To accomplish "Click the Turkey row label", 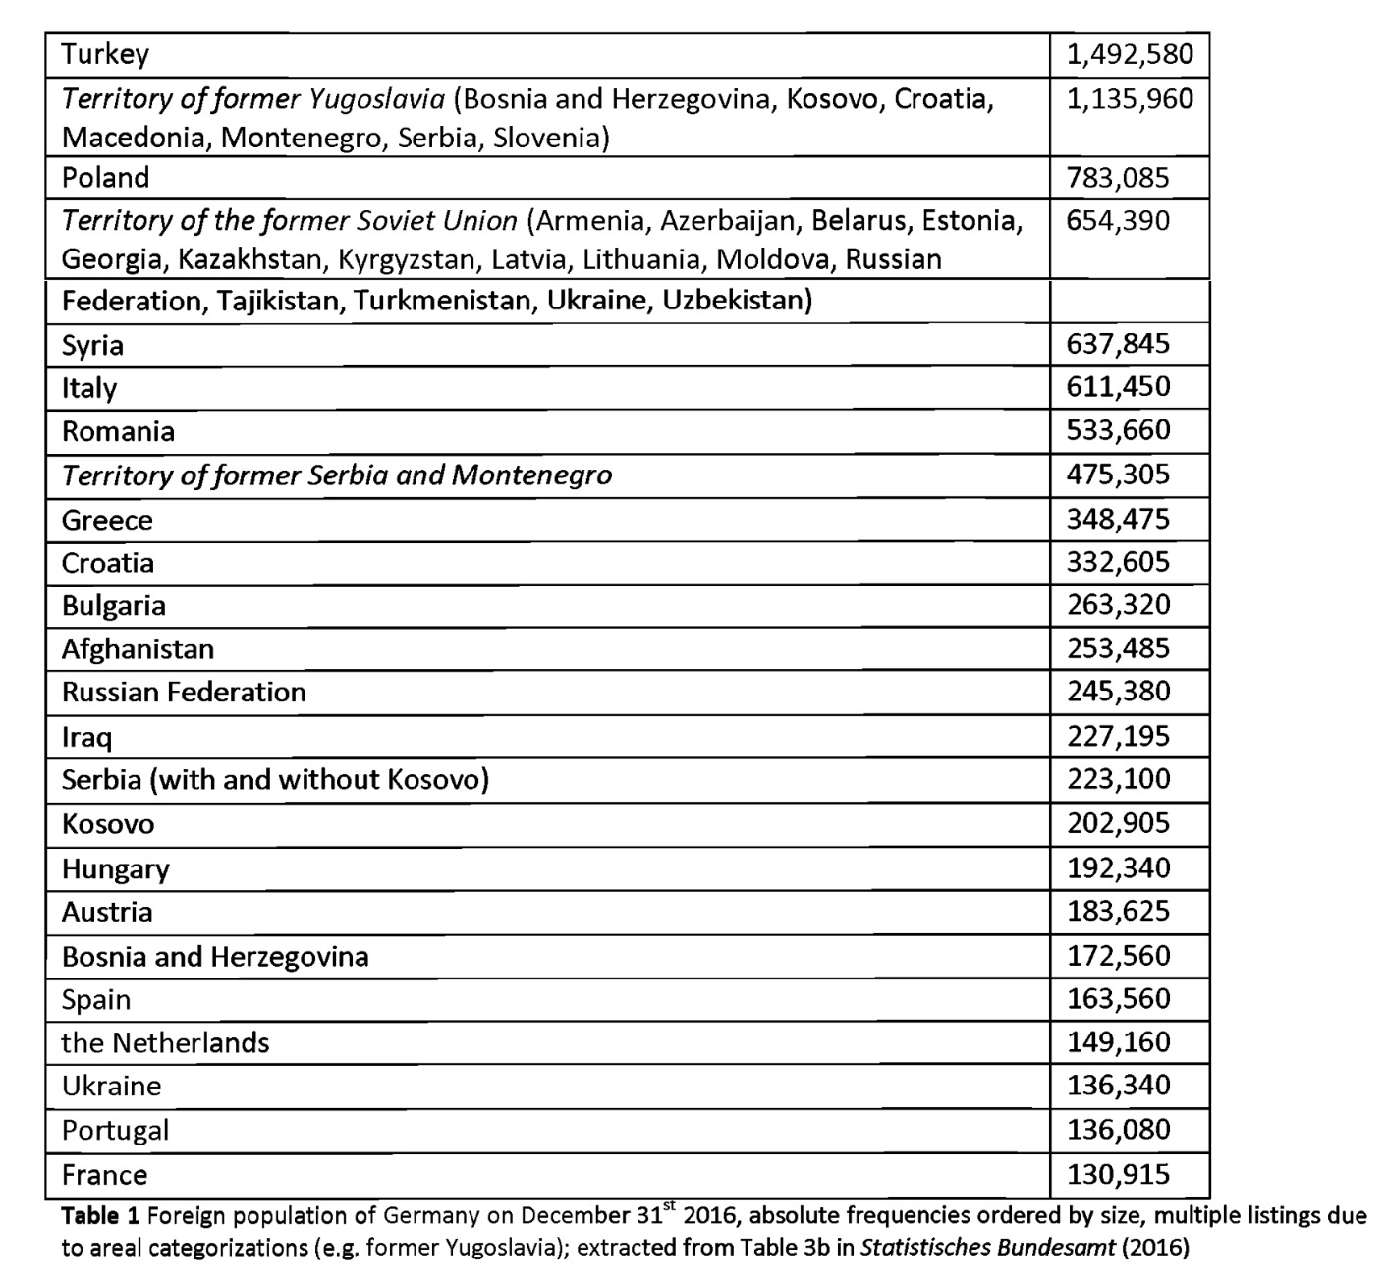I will (x=105, y=54).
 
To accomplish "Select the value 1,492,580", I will (x=1130, y=54).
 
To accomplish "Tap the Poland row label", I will (x=106, y=178).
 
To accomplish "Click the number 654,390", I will (x=1118, y=220).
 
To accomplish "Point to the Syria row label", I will (x=92, y=345).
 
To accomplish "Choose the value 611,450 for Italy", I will (x=1118, y=386).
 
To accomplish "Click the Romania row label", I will (x=118, y=431).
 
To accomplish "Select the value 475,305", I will (x=1118, y=475).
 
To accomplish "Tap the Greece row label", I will (x=107, y=520).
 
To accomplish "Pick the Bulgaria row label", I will (x=113, y=605).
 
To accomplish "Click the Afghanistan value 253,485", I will (x=1118, y=648).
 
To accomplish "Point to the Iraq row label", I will (x=86, y=737).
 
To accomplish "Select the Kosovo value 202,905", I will (x=1118, y=823).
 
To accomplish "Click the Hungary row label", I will (x=115, y=869).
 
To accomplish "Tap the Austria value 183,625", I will (x=1118, y=912).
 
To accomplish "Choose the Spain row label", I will (x=95, y=999).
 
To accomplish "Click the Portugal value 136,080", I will (x=1118, y=1130).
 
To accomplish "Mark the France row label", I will (x=104, y=1175).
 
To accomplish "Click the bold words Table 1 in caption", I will (x=101, y=1216).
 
